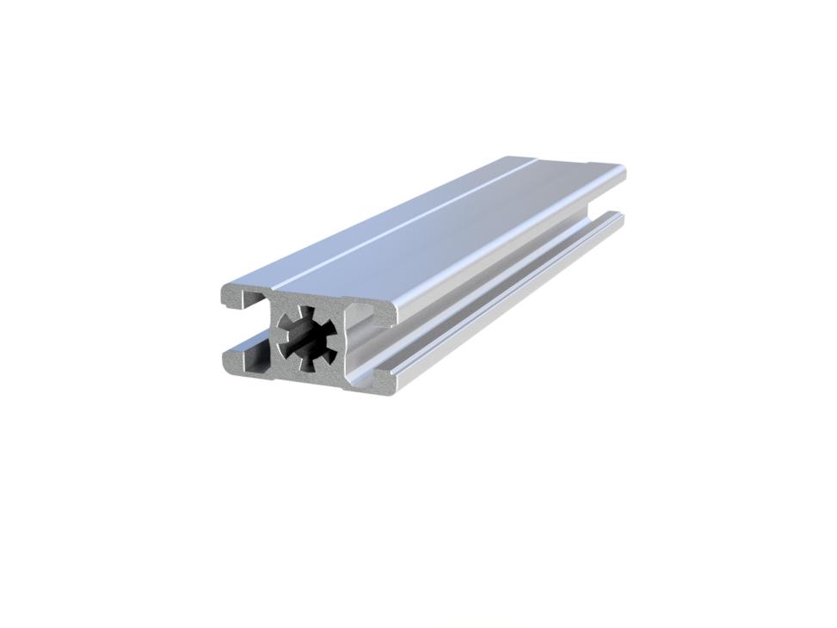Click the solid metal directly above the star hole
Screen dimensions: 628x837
pyautogui.click(x=305, y=299)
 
